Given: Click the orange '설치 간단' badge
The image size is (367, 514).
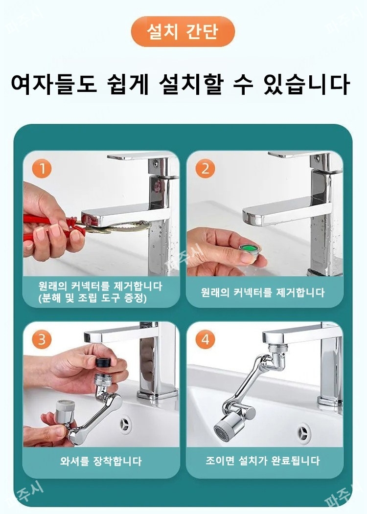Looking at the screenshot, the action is (183, 31).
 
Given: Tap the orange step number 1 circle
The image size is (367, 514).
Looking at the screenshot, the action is (42, 169).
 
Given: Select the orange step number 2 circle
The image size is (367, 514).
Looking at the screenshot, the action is (205, 169).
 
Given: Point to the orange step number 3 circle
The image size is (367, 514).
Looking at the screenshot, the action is (42, 339).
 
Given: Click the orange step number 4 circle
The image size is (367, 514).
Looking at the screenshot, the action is (205, 339).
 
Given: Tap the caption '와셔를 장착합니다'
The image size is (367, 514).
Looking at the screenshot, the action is (101, 461).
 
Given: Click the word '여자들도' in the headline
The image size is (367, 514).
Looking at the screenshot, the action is (54, 84).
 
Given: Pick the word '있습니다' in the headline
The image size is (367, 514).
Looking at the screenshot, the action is (306, 84).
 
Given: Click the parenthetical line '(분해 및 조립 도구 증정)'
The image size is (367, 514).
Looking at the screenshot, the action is (92, 298).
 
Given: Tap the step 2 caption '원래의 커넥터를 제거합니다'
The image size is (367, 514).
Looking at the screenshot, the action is (263, 292).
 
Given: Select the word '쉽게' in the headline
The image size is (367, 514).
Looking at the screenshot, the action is (128, 84).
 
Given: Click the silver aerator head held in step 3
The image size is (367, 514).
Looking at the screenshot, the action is (65, 411).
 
